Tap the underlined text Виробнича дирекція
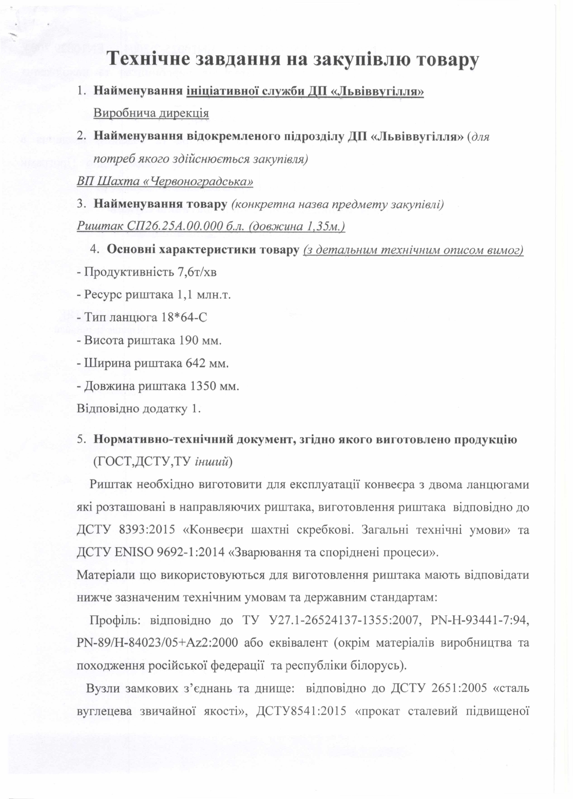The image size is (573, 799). point(151,113)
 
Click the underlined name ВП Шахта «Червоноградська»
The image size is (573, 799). point(164,181)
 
